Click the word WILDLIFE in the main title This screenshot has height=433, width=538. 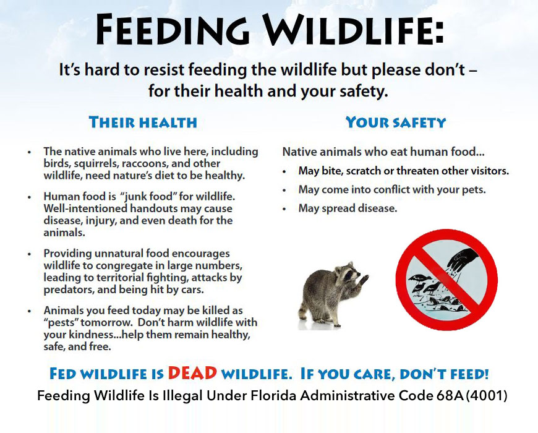tap(353, 30)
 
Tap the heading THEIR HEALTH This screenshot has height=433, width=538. tap(143, 122)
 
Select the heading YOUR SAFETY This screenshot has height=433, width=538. tap(396, 122)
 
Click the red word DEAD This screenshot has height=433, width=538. tap(192, 373)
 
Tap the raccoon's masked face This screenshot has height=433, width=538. tap(349, 272)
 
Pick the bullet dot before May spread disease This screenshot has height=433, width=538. tap(284, 209)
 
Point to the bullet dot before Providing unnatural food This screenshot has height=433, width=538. tap(30, 254)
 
